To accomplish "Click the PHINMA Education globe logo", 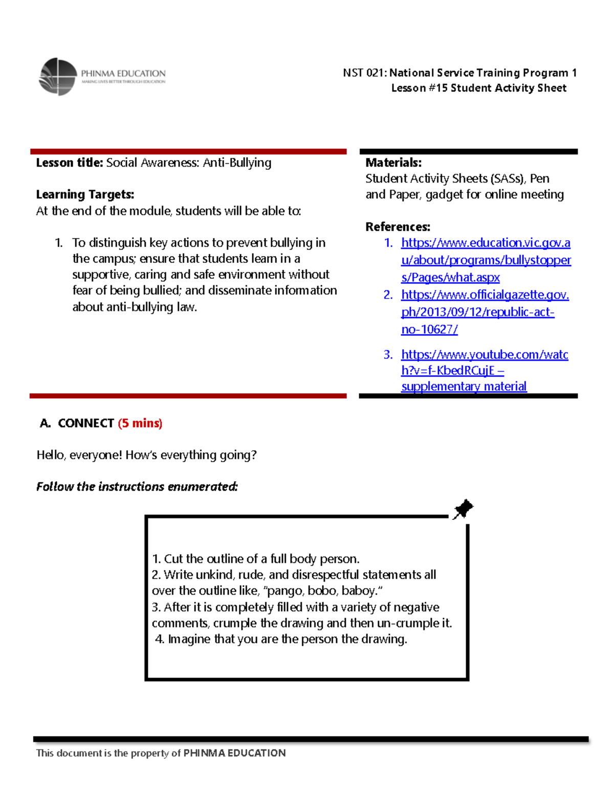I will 58,77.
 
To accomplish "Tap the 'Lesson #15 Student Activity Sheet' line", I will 478,88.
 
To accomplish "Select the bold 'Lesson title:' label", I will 70,163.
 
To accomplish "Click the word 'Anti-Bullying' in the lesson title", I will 237,163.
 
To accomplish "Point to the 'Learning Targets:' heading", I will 85,194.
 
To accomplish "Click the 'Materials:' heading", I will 393,163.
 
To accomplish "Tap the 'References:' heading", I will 398,226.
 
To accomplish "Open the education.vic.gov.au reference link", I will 485,260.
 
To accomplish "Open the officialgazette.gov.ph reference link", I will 484,312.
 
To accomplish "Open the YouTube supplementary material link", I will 484,370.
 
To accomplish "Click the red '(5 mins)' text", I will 140,423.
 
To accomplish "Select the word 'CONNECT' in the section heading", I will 86,423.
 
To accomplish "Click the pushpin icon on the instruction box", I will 463,509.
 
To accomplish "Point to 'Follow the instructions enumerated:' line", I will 137,486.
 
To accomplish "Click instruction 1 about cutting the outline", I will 256,558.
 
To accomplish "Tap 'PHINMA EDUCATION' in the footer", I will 234,753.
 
